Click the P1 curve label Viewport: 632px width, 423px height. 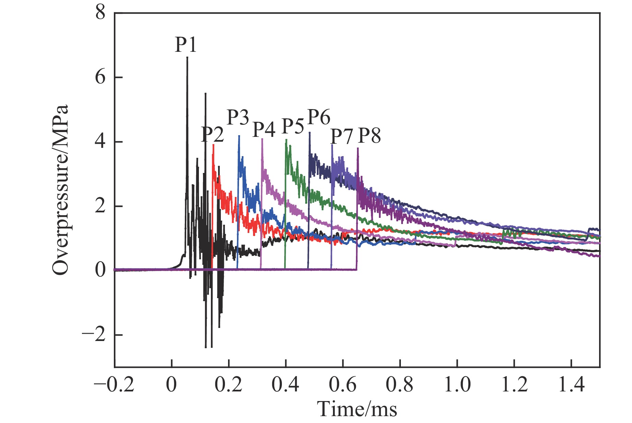coord(186,45)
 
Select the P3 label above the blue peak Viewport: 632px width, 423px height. coord(238,117)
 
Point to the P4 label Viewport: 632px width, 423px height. coord(264,130)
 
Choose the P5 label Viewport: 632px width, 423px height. coord(293,126)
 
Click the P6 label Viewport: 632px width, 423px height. coord(319,117)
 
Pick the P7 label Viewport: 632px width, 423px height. coord(341,136)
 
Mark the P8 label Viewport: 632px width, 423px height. coord(369,135)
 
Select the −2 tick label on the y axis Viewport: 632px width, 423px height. coord(94,334)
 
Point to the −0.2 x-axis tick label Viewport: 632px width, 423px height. coord(114,385)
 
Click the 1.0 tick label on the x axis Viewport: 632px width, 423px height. coord(457,385)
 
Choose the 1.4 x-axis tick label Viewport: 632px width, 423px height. coord(571,385)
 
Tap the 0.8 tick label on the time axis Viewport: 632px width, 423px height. coord(400,385)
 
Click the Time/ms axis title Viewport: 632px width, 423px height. coord(357,409)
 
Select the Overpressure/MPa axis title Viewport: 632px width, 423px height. coord(61,189)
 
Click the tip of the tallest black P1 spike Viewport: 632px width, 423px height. coord(187,57)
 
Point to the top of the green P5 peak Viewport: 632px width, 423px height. coord(286,140)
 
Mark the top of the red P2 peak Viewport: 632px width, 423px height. coord(214,145)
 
